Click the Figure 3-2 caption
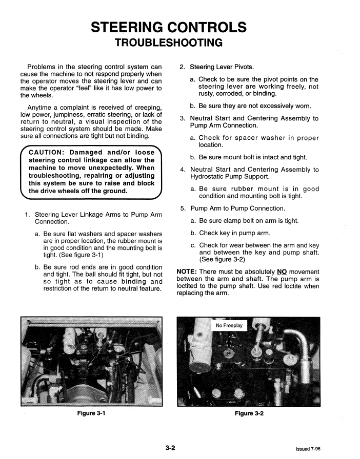coord(249,413)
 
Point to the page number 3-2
coord(170,448)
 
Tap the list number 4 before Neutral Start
coord(183,170)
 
